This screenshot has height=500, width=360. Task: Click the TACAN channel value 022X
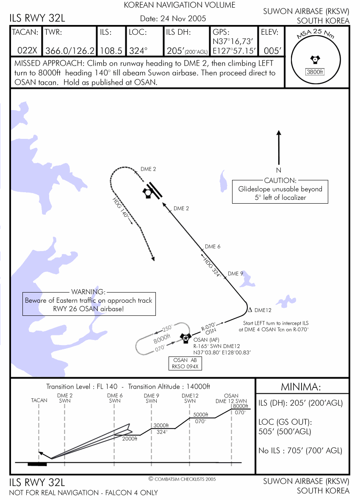pyautogui.click(x=27, y=50)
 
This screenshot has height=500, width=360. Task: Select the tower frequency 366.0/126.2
pyautogui.click(x=70, y=50)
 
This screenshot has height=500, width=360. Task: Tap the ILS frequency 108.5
pyautogui.click(x=111, y=50)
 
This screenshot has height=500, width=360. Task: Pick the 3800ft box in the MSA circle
pyautogui.click(x=314, y=72)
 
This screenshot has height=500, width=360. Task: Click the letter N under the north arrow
pyautogui.click(x=279, y=170)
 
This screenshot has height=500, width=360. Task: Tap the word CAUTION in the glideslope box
pyautogui.click(x=280, y=181)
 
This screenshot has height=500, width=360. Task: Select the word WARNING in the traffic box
pyautogui.click(x=88, y=292)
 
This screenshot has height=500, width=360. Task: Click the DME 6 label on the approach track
pyautogui.click(x=213, y=246)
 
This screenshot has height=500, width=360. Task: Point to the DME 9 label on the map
pyautogui.click(x=235, y=273)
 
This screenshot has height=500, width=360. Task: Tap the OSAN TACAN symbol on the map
pyautogui.click(x=185, y=337)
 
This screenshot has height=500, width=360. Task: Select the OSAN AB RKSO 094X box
pyautogui.click(x=185, y=363)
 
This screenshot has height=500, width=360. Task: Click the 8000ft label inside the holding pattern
pyautogui.click(x=162, y=339)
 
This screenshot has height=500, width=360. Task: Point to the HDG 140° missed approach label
pyautogui.click(x=120, y=207)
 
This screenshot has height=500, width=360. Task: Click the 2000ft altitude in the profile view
pyautogui.click(x=130, y=439)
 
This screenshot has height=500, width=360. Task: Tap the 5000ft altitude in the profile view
pyautogui.click(x=201, y=414)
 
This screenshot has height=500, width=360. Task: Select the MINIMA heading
pyautogui.click(x=301, y=387)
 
